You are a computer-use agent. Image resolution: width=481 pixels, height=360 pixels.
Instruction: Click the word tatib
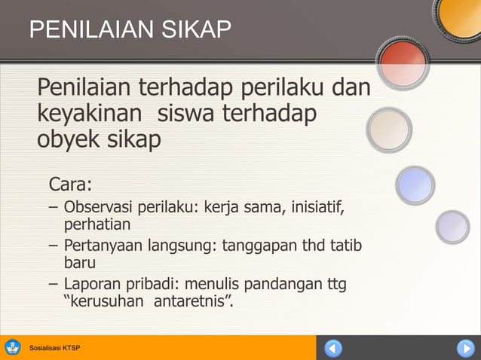point(344,246)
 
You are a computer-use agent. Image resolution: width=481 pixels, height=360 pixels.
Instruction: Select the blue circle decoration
point(415,185)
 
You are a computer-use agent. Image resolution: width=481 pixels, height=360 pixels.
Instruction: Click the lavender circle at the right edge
point(452,226)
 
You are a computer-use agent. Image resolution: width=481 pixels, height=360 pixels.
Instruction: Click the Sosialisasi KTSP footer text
point(54,348)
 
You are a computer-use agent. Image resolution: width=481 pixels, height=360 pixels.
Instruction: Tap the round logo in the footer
point(13,348)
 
